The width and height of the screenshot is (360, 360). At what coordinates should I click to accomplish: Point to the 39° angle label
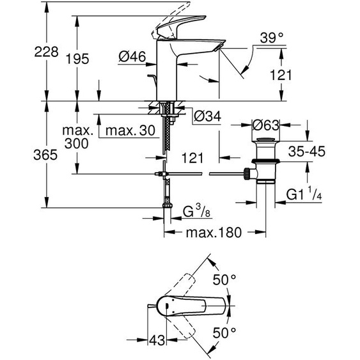point(271,39)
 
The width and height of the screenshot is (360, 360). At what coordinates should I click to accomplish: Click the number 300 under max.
point(78,145)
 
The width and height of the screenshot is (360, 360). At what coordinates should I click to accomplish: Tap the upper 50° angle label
point(225,279)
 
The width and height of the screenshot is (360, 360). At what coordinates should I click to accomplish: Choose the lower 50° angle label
point(225,333)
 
